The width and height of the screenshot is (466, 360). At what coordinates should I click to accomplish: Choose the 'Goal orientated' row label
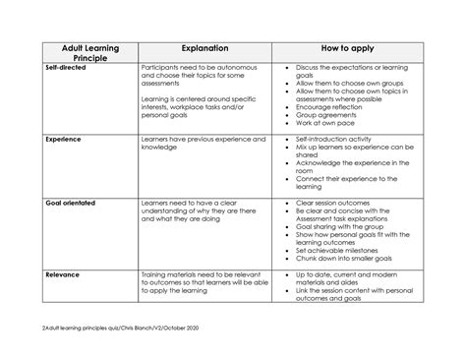[72, 203]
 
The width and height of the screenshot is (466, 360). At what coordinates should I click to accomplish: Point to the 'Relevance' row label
[62, 275]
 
